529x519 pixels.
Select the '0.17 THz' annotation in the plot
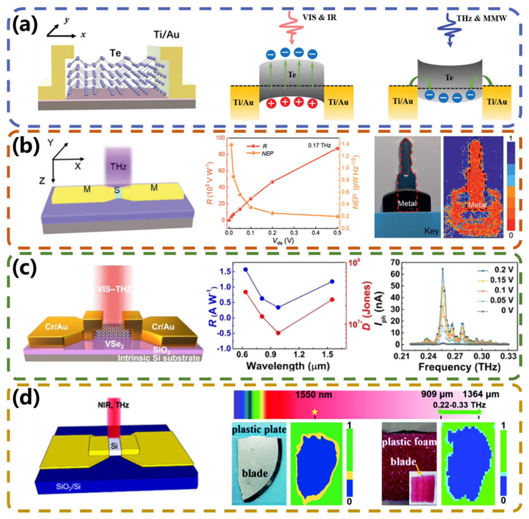(319, 145)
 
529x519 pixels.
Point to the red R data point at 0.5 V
(337, 148)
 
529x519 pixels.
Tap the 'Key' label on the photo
(431, 231)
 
